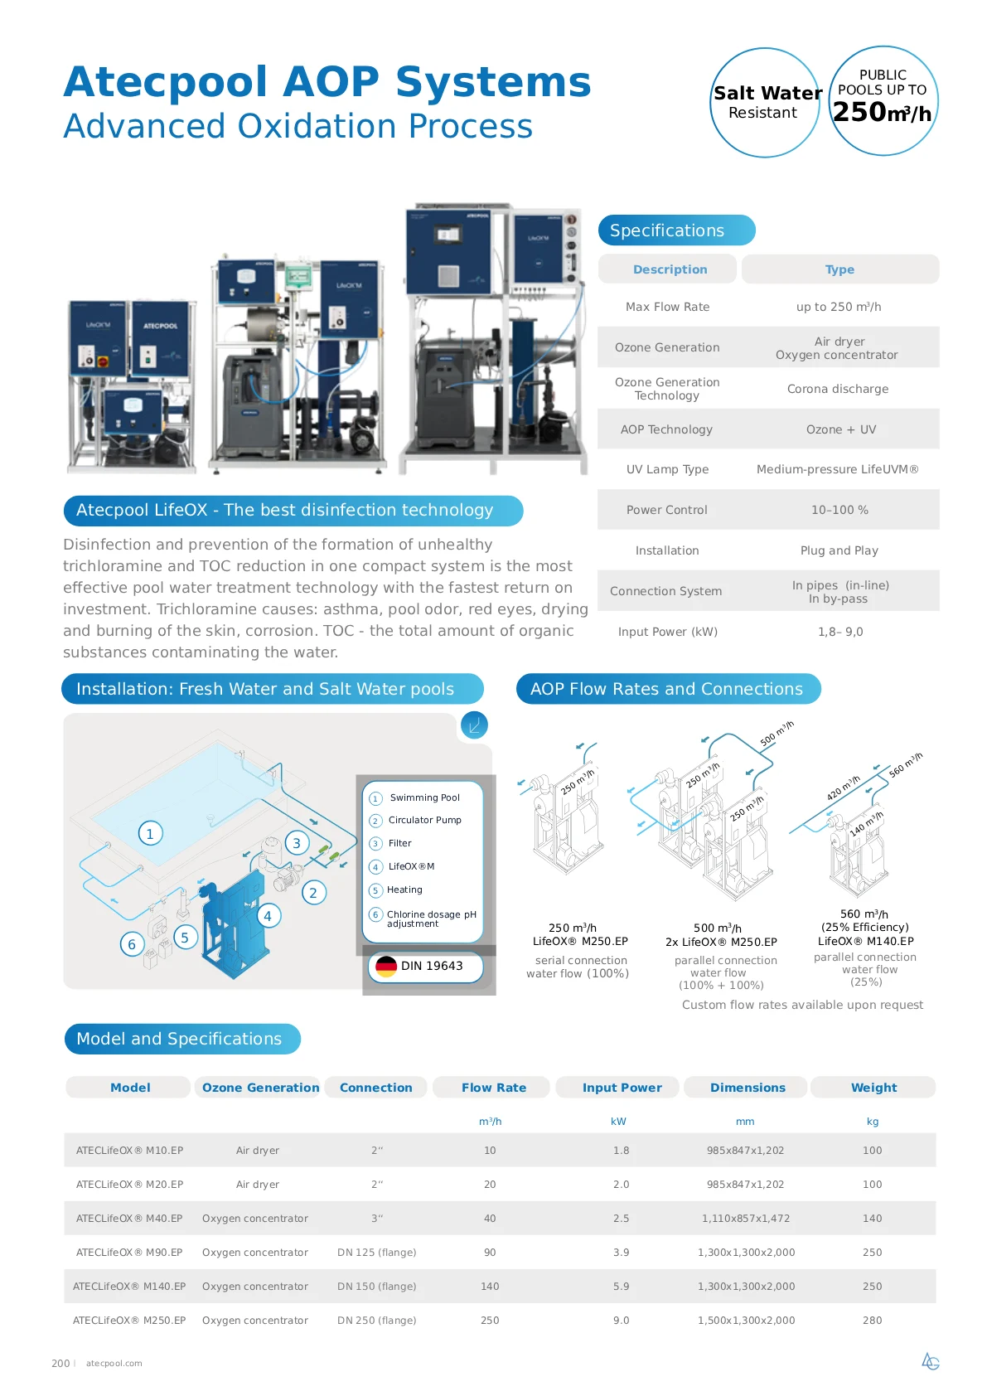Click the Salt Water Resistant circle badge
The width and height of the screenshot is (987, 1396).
765,102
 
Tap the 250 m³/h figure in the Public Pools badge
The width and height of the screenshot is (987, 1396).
882,112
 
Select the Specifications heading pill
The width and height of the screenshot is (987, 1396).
676,230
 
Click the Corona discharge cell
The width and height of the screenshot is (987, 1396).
838,389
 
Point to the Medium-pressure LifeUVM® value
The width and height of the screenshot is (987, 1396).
838,469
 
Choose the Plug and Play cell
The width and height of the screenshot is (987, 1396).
839,550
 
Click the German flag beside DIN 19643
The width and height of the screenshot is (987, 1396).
386,966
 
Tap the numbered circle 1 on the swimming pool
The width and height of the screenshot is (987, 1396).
150,833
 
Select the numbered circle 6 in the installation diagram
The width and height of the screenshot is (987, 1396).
132,944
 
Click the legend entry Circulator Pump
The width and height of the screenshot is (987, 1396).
424,820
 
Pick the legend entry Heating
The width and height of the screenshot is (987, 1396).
404,889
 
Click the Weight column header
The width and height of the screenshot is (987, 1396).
873,1088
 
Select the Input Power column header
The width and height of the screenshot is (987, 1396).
622,1088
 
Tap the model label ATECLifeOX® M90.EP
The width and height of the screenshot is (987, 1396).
129,1252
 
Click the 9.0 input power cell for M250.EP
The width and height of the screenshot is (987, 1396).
621,1320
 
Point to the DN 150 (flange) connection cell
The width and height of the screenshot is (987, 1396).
376,1287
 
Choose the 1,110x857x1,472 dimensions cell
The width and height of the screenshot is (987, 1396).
745,1219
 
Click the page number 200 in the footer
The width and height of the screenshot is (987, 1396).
60,1363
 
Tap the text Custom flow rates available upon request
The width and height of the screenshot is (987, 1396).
802,1005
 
